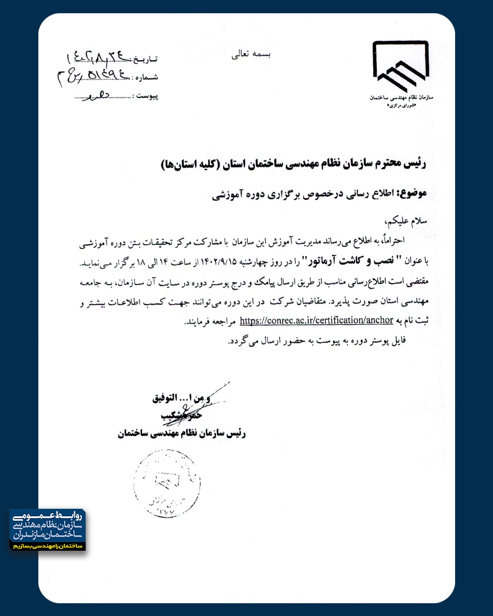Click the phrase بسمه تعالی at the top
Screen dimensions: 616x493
[x=251, y=54]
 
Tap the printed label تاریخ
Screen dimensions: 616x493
[x=146, y=59]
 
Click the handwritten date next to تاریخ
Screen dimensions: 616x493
[x=98, y=57]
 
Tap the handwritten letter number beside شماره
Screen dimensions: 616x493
[x=94, y=76]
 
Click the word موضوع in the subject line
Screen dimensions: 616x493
[x=413, y=193]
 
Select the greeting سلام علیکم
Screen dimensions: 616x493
[x=405, y=221]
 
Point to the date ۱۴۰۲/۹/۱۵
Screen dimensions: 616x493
[x=219, y=261]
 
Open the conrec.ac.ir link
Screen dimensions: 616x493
[x=316, y=320]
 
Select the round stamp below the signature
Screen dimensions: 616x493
[x=167, y=484]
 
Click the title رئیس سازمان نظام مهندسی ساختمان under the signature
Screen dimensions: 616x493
[x=182, y=433]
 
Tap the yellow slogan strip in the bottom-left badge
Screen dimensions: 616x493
[x=47, y=546]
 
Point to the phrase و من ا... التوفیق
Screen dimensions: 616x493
[x=182, y=398]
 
